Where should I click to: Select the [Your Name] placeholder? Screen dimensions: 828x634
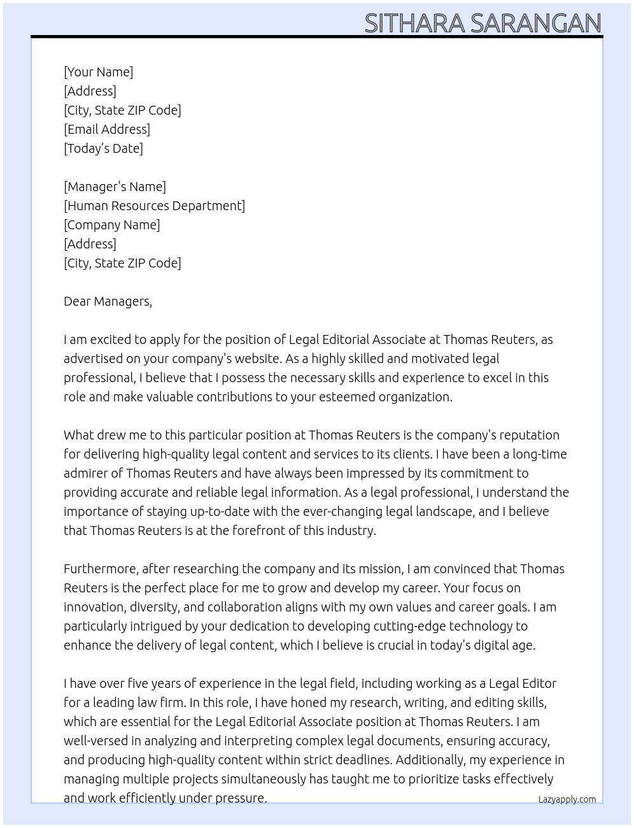pyautogui.click(x=99, y=72)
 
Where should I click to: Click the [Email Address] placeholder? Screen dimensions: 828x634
pyautogui.click(x=107, y=129)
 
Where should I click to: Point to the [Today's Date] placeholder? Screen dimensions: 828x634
pyautogui.click(x=103, y=148)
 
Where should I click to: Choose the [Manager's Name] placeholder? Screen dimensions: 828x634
pyautogui.click(x=115, y=187)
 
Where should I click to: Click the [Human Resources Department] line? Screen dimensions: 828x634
pyautogui.click(x=154, y=206)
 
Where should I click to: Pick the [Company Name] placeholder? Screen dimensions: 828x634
pyautogui.click(x=112, y=225)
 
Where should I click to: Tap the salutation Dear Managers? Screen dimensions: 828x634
pyautogui.click(x=108, y=301)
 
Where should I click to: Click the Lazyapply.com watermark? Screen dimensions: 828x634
pyautogui.click(x=567, y=799)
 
